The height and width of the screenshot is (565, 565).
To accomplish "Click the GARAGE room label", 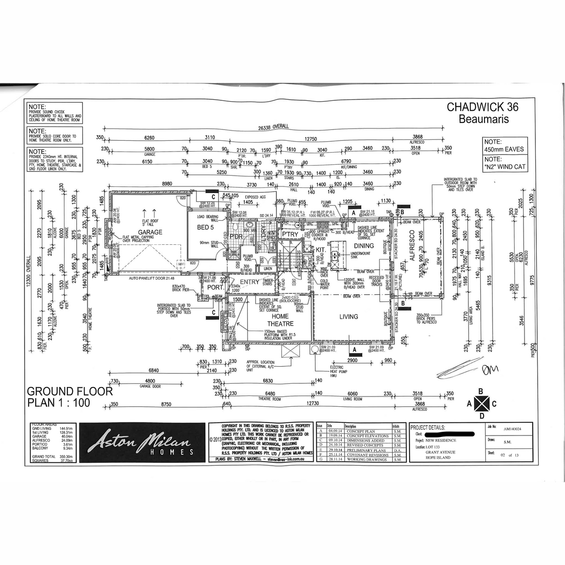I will click(150, 232).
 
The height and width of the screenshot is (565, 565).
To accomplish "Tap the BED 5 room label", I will click(205, 227).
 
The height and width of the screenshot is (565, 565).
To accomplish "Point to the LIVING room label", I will click(349, 317).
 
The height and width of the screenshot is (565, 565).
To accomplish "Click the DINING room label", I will click(363, 246).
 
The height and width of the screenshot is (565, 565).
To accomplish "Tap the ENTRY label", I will click(250, 282).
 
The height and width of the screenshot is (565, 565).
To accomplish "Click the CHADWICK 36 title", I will click(483, 107).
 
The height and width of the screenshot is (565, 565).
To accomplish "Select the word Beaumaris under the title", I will click(483, 119).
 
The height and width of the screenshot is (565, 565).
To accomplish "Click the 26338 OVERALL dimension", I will click(273, 127).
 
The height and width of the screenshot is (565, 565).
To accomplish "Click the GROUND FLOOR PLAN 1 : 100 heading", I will click(70, 397).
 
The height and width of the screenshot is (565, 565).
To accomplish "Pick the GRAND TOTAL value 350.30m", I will click(65, 457).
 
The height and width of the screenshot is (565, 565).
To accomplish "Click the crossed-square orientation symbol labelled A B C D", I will click(481, 404).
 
